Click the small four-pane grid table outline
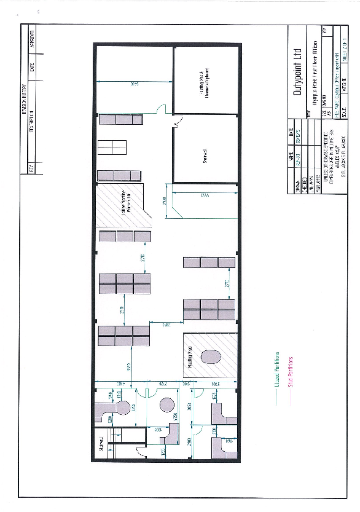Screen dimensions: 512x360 pos(111,148)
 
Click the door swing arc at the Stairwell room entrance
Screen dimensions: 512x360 pos(177,125)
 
